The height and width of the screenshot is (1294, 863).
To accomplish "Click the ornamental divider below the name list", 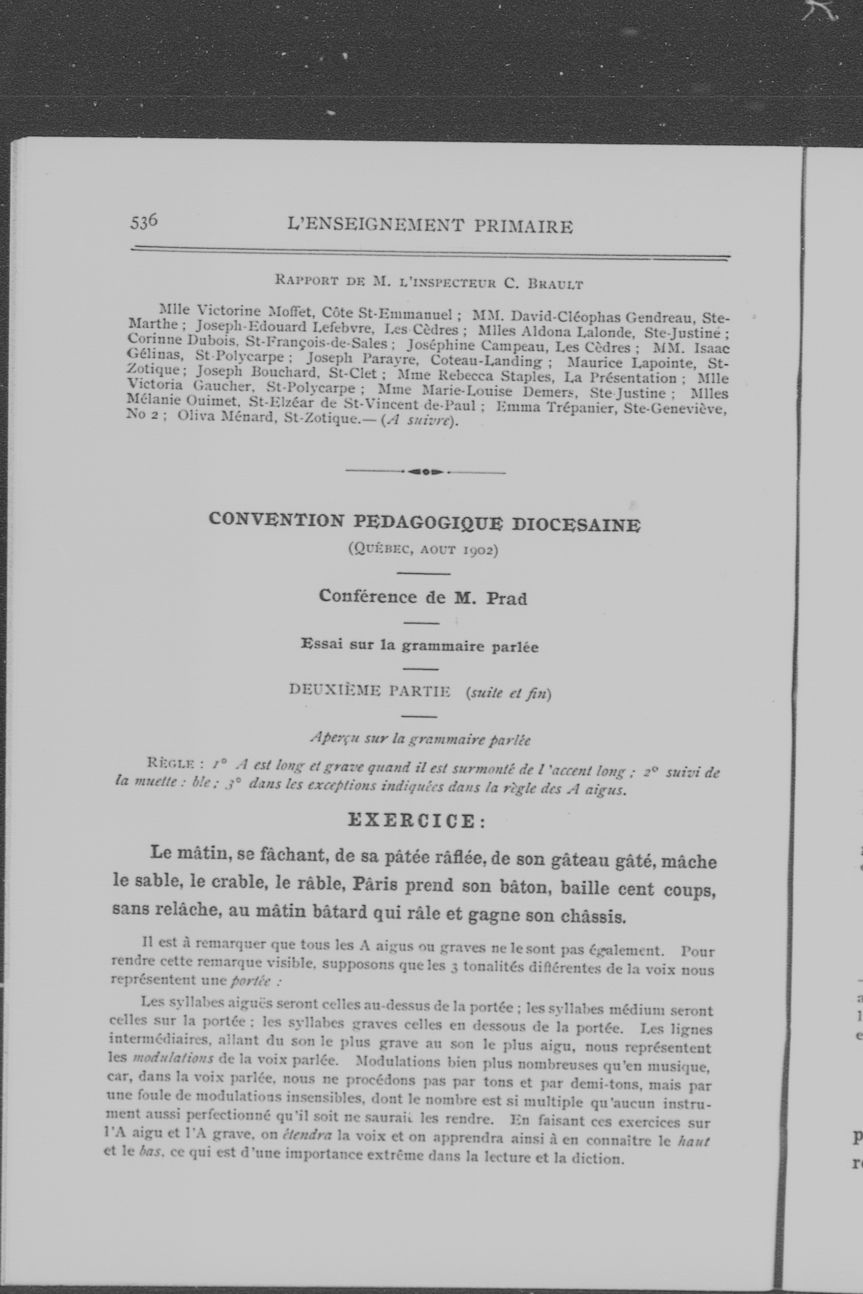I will click(x=425, y=471).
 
